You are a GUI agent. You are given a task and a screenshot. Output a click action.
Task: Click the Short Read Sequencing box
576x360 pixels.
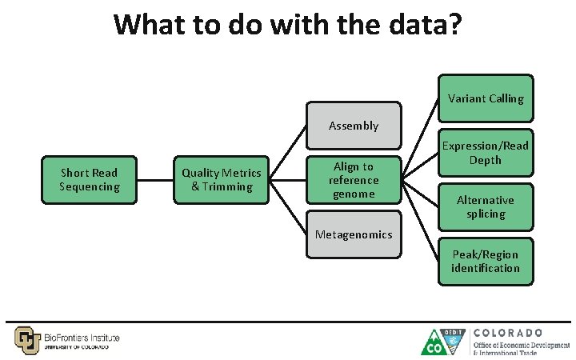[89, 180]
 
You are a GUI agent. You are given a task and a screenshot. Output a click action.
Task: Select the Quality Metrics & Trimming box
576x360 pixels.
[221, 180]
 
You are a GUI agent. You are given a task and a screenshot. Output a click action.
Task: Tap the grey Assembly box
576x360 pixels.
[353, 126]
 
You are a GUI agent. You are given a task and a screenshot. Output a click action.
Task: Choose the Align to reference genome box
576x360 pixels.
[353, 180]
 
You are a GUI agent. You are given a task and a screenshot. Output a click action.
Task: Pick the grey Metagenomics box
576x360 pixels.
[353, 234]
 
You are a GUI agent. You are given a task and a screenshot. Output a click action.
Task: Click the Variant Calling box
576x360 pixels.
[486, 98]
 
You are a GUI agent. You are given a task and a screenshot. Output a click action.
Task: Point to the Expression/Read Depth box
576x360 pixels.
[486, 153]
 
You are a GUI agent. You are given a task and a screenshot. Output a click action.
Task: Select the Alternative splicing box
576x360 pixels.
[486, 207]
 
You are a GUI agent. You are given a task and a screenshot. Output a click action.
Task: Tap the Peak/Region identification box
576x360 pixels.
[486, 262]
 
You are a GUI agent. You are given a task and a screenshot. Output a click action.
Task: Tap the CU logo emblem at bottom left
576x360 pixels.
[26, 339]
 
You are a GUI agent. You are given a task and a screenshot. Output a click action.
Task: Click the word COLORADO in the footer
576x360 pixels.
[508, 332]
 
